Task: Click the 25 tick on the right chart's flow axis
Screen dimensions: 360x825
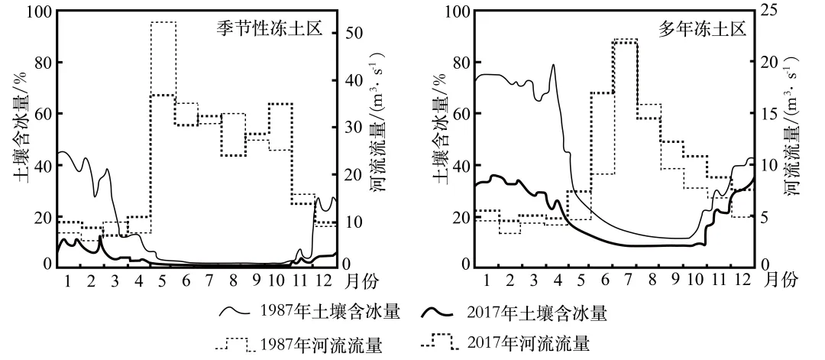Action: (767, 12)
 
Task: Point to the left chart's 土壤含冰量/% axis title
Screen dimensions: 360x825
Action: (20, 138)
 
